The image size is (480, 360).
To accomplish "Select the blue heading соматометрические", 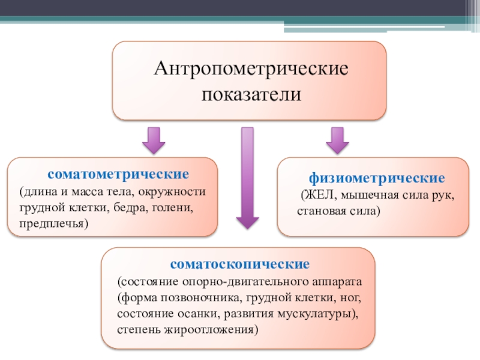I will pos(119,174).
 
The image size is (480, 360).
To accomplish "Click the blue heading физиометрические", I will pos(377,178).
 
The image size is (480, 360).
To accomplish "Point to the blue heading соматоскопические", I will pos(239,263).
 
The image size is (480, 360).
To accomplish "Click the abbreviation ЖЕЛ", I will pos(316,195).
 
